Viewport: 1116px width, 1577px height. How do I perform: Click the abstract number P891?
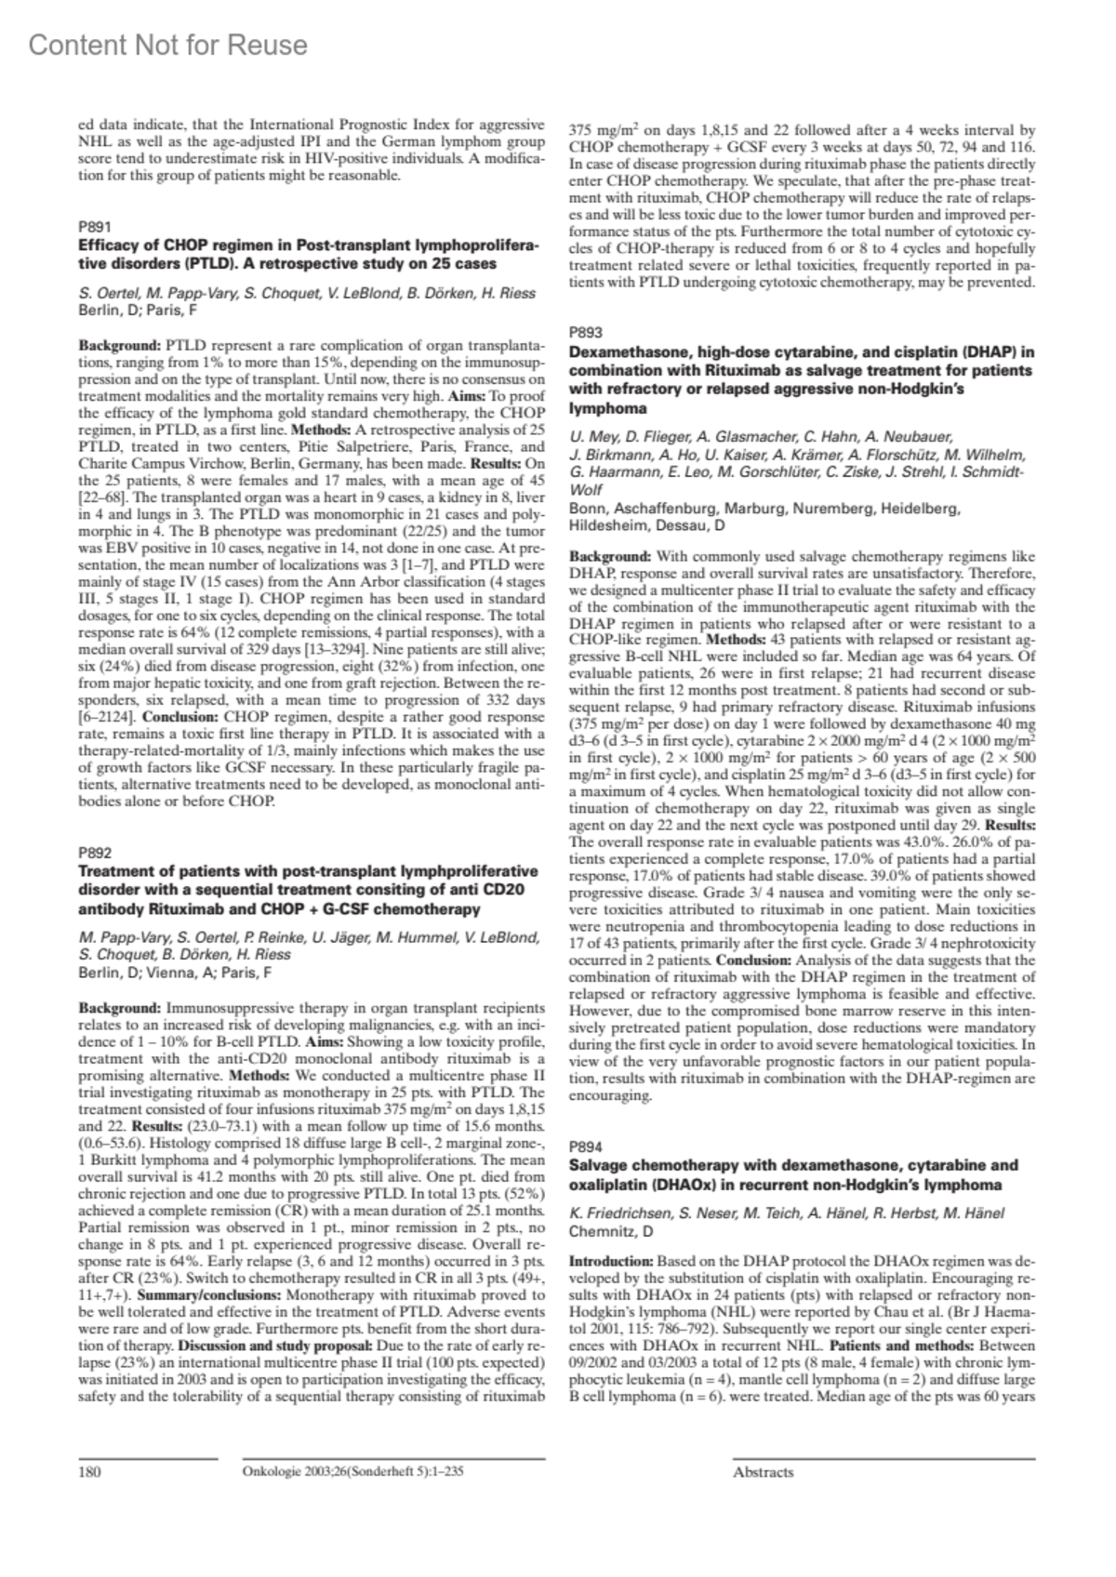(95, 226)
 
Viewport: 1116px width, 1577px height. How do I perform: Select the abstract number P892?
(95, 852)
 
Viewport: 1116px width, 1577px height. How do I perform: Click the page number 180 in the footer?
(89, 1472)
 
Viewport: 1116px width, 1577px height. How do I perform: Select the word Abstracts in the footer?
(763, 1472)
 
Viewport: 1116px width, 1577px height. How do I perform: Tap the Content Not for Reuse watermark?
(167, 45)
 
